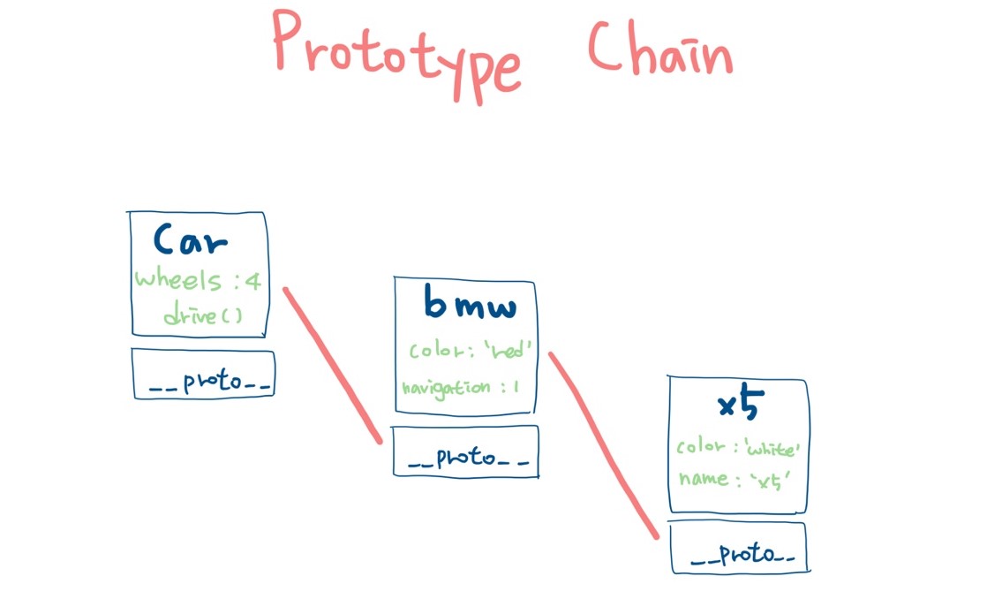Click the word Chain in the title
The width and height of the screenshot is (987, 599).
point(660,51)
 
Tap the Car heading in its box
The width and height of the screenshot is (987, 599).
point(191,239)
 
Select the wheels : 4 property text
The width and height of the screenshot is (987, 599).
point(198,281)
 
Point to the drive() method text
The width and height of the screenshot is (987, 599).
point(202,314)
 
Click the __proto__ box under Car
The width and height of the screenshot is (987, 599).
point(203,374)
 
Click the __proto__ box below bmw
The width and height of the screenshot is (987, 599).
point(464,451)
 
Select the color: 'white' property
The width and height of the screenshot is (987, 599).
point(738,448)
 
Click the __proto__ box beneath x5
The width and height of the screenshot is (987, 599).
point(738,548)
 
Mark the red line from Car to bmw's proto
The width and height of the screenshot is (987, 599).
point(332,364)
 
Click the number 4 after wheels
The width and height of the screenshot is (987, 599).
point(253,281)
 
